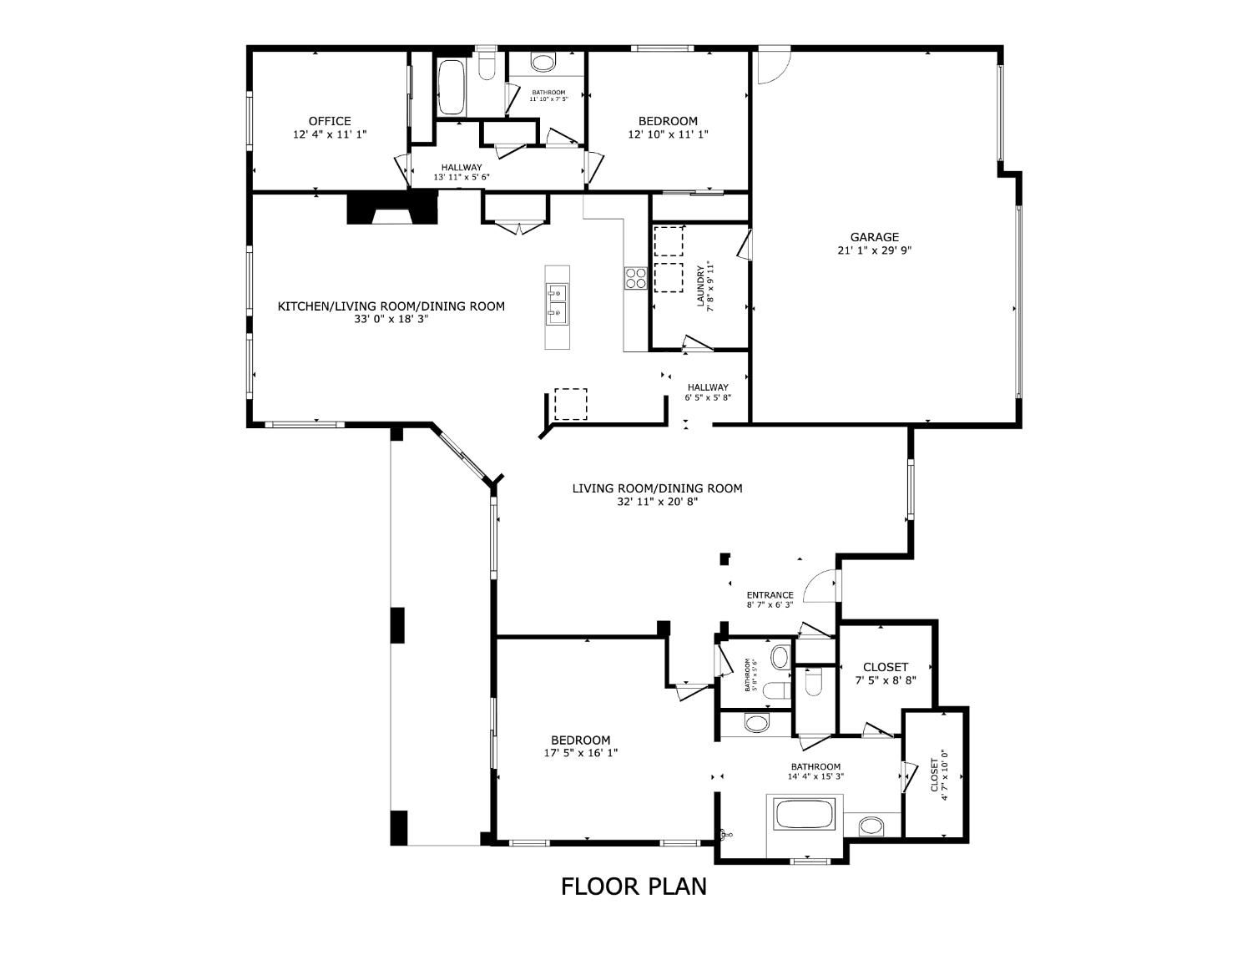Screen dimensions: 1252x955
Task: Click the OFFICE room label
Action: pyautogui.click(x=329, y=121)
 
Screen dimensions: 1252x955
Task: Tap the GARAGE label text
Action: pyautogui.click(x=874, y=237)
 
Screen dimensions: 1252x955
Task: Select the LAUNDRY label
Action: pyautogui.click(x=701, y=285)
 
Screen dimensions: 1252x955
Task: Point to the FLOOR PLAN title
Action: pyautogui.click(x=634, y=886)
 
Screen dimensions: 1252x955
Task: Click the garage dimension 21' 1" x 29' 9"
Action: pyautogui.click(x=875, y=250)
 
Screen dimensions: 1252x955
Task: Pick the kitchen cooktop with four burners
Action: pyautogui.click(x=636, y=278)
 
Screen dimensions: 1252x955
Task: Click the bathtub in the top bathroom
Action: pyautogui.click(x=452, y=88)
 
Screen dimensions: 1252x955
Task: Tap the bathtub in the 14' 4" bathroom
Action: pyautogui.click(x=804, y=815)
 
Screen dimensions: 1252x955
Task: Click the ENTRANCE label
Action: pyautogui.click(x=770, y=595)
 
